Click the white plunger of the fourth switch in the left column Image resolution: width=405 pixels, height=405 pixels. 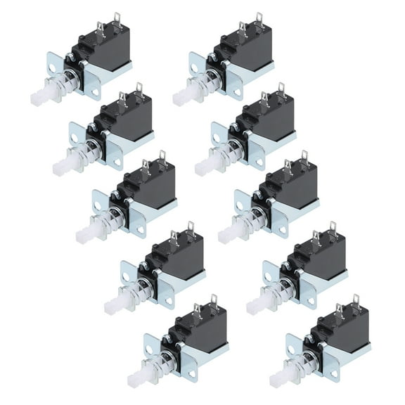point(115,306)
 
